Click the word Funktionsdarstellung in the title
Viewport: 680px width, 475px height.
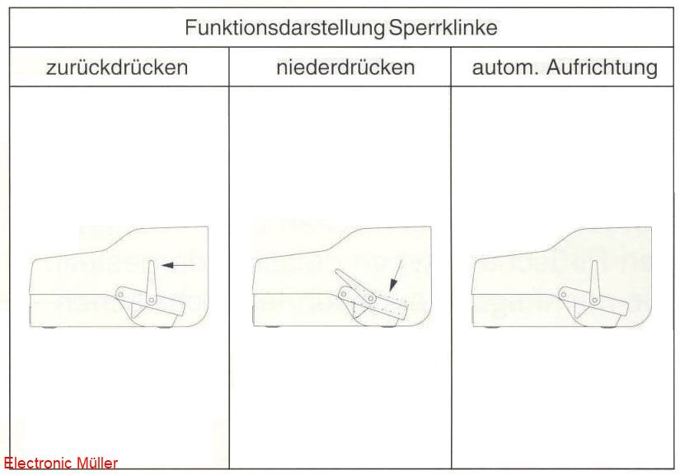tap(284, 28)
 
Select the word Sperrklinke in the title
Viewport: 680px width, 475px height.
tap(443, 28)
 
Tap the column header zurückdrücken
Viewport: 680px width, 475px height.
tap(117, 68)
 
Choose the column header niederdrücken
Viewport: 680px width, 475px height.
tap(345, 68)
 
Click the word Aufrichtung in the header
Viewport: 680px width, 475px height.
tap(602, 68)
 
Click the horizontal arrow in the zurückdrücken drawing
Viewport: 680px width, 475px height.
tap(178, 264)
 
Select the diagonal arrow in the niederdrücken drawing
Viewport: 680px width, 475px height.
tap(396, 276)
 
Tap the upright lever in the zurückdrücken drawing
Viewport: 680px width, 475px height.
tap(151, 282)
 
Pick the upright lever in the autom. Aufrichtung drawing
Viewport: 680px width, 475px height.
tap(594, 282)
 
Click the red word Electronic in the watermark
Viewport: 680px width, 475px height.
tap(38, 463)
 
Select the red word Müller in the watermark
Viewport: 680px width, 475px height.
tap(97, 463)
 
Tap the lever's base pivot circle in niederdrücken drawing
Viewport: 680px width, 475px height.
tap(371, 298)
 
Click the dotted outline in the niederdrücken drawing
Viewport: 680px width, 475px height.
tap(392, 298)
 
